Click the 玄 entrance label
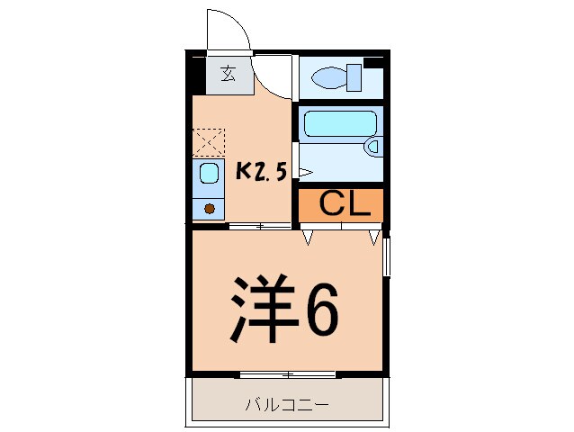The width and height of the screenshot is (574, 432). pos(229,75)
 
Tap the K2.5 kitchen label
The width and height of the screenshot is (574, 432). pos(261,171)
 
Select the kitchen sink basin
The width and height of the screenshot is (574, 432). pos(209,174)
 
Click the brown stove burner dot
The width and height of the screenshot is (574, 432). pos(210,209)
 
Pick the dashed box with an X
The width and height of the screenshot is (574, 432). pos(209,142)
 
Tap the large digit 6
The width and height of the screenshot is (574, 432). pos(321,310)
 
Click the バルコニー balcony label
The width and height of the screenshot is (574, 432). pos(287,404)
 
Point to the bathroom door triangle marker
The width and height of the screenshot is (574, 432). pos(304,171)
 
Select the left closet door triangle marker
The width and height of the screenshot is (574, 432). pos(308,238)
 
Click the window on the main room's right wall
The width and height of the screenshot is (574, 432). pos(387,256)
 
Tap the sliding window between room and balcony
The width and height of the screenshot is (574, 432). pos(287,373)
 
